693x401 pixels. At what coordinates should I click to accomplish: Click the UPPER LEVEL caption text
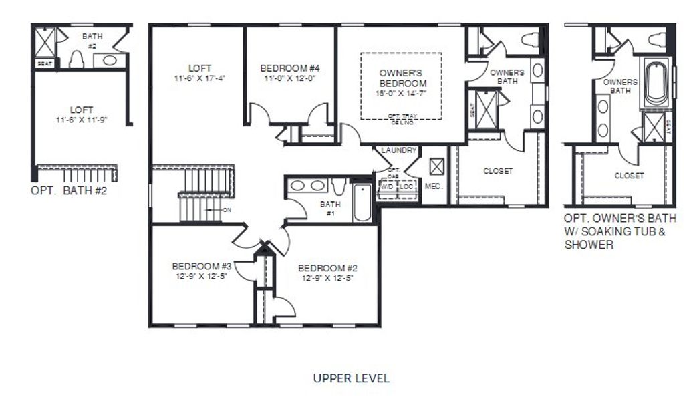point(352,378)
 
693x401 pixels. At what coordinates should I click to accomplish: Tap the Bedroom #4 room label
point(289,68)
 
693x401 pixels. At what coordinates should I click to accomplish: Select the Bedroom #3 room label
point(201,264)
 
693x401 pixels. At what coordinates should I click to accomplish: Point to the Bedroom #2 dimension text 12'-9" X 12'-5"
point(327,277)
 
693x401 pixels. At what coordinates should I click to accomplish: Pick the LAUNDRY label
point(399,151)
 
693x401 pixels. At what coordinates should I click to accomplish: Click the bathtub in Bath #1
point(362,202)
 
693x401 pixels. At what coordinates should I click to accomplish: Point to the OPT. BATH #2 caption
point(69,190)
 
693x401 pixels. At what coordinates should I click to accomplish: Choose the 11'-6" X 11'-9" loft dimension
point(82,120)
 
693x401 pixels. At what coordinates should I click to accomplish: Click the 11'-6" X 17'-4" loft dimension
point(199,78)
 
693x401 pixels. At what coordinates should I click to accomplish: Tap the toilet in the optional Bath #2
point(76,59)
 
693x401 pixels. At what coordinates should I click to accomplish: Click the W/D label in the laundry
point(387,186)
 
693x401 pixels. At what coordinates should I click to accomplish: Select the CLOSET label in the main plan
point(498,171)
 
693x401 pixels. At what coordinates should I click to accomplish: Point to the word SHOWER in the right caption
point(589,245)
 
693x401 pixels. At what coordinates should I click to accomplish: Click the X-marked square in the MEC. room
point(436,166)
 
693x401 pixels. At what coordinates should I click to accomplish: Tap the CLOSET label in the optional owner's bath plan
point(629,176)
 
